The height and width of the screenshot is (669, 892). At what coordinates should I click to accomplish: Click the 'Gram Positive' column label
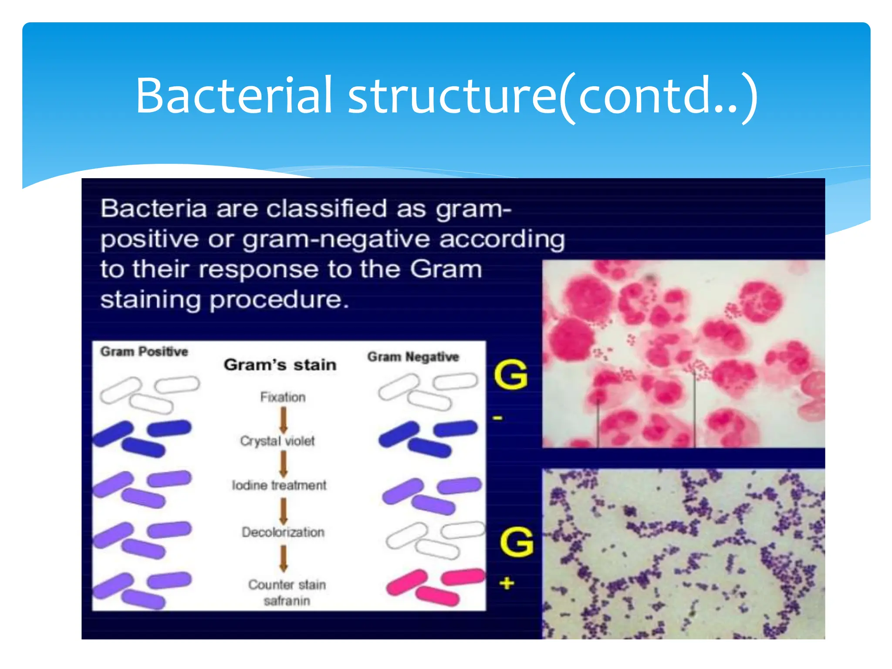(144, 351)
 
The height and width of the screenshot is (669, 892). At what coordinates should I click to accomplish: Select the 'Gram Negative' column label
(413, 357)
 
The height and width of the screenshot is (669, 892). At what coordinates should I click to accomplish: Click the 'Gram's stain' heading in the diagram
(280, 365)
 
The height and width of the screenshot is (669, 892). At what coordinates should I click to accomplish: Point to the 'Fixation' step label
(283, 397)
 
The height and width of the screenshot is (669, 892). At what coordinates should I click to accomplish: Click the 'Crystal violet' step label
(277, 441)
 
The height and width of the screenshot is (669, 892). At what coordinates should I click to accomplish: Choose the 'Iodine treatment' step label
(279, 485)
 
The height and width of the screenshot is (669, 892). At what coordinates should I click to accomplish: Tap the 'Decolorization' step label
(283, 532)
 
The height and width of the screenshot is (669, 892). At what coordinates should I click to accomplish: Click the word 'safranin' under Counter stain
(287, 601)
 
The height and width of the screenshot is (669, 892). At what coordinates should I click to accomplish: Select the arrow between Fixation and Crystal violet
(283, 419)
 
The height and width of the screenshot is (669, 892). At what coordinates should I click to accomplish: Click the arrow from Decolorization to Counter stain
(283, 558)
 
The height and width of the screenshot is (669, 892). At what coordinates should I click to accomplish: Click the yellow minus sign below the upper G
(497, 419)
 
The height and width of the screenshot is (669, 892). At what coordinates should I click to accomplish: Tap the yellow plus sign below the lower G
(506, 583)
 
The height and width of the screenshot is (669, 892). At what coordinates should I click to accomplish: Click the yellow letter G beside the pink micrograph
(511, 375)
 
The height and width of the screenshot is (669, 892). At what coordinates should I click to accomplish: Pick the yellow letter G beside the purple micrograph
(517, 542)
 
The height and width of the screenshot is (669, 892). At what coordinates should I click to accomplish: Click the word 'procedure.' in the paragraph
(279, 301)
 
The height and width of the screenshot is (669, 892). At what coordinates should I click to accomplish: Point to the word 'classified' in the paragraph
(326, 209)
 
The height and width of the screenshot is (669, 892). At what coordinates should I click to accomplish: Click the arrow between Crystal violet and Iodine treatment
(283, 463)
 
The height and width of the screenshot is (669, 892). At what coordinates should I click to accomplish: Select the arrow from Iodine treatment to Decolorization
(283, 510)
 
